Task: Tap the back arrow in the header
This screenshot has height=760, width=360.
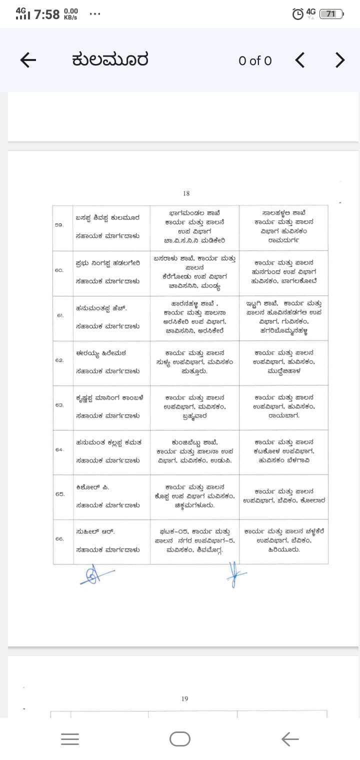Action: (28, 60)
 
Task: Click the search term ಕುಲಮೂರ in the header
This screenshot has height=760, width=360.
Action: (110, 60)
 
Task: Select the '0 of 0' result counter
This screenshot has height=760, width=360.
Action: (255, 61)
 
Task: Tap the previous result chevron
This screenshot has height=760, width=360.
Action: (299, 60)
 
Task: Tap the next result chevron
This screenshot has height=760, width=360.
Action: (340, 60)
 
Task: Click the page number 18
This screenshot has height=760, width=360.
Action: (186, 193)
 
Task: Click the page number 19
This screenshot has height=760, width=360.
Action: (185, 698)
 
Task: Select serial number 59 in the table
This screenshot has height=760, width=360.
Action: (59, 225)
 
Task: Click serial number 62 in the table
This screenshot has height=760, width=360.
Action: (59, 360)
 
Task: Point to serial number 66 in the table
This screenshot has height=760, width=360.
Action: (59, 539)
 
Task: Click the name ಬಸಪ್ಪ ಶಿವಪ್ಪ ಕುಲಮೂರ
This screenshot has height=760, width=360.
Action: (107, 217)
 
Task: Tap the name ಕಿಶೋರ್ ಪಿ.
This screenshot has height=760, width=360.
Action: (92, 487)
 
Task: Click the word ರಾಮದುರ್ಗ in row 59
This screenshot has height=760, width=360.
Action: (283, 239)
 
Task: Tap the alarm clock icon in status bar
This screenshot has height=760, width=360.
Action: (297, 14)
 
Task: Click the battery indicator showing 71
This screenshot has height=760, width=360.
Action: (331, 14)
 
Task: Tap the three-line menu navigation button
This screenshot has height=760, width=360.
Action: (70, 738)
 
